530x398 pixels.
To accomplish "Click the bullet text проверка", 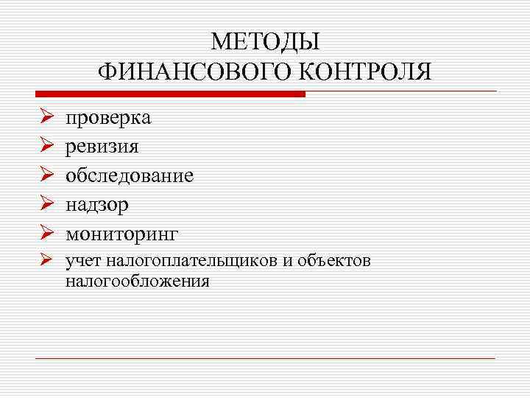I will point(108,118).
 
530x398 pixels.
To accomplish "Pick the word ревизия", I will point(102,147).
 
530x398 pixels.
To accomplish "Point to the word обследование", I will point(130,175).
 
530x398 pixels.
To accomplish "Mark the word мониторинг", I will point(122,234).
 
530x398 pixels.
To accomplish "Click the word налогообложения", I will point(137,280).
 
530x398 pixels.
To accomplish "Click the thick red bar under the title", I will point(170,94).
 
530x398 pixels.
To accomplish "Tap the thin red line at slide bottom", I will point(265,358).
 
